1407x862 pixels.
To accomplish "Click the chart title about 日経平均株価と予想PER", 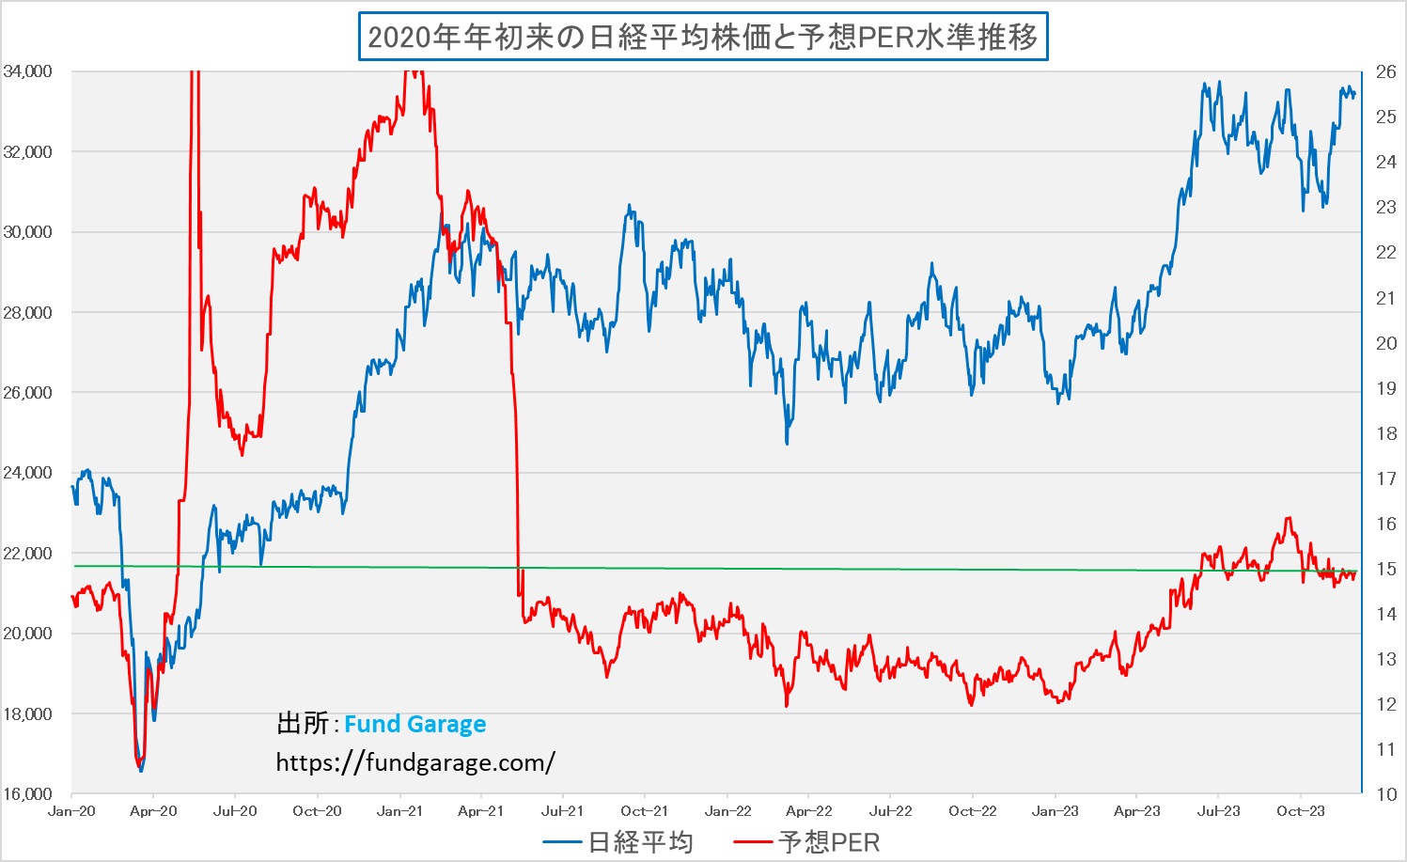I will pyautogui.click(x=703, y=37).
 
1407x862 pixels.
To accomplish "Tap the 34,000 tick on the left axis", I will pyautogui.click(x=27, y=71).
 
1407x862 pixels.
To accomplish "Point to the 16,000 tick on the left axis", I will pyautogui.click(x=27, y=794).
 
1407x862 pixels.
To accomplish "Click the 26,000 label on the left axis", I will pyautogui.click(x=27, y=393).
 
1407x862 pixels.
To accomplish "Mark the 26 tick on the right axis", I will pyautogui.click(x=1385, y=71).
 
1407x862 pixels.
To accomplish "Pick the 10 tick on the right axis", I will pyautogui.click(x=1385, y=794).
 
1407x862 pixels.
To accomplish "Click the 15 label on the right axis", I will pyautogui.click(x=1385, y=569).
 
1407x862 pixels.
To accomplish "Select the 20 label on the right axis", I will pyautogui.click(x=1385, y=343).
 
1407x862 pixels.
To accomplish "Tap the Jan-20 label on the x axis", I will pyautogui.click(x=71, y=811).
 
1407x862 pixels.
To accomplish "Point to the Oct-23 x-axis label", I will pyautogui.click(x=1301, y=811).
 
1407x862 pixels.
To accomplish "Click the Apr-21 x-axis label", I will pyautogui.click(x=480, y=811).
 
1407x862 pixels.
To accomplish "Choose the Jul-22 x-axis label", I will pyautogui.click(x=890, y=811).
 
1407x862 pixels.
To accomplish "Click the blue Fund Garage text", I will pyautogui.click(x=414, y=724).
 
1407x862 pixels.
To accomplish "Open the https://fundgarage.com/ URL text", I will pyautogui.click(x=415, y=762).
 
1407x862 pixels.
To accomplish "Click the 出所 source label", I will pyautogui.click(x=303, y=724).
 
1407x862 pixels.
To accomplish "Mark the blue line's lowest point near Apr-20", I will pyautogui.click(x=141, y=771).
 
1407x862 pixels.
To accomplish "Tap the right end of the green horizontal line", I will pyautogui.click(x=1355, y=572).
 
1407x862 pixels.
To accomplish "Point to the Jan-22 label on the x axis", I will pyautogui.click(x=727, y=811).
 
